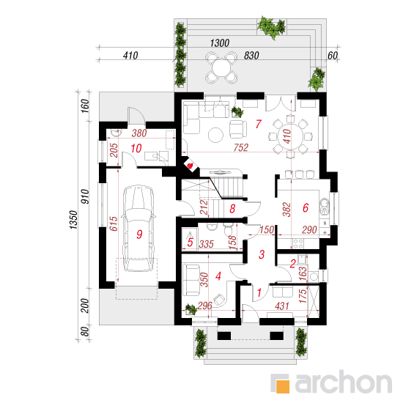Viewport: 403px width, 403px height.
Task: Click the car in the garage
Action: (138, 228)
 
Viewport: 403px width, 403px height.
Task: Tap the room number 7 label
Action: (259, 124)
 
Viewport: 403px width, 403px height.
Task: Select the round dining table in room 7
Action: (290, 136)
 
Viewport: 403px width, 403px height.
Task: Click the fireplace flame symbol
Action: (191, 166)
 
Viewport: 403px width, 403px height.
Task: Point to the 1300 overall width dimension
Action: (220, 43)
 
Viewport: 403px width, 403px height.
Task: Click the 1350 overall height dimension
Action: (73, 220)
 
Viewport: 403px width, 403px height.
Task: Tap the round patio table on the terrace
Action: (221, 68)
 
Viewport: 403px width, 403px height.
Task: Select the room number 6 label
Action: (306, 207)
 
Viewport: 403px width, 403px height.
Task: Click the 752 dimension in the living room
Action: (241, 147)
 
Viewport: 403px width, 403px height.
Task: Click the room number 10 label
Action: (136, 148)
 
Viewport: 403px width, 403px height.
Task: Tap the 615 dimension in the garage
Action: (114, 223)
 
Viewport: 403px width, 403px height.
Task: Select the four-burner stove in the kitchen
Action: (298, 244)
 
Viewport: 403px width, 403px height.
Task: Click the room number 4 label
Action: (218, 276)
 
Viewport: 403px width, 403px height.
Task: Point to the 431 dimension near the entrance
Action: (282, 306)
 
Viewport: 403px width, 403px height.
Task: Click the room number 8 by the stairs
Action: (232, 209)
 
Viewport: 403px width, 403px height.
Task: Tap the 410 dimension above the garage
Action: (130, 55)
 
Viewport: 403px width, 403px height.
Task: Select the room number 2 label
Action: (293, 264)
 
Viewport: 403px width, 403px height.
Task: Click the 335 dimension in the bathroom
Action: (207, 244)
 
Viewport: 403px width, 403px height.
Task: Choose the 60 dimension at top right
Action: (333, 55)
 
